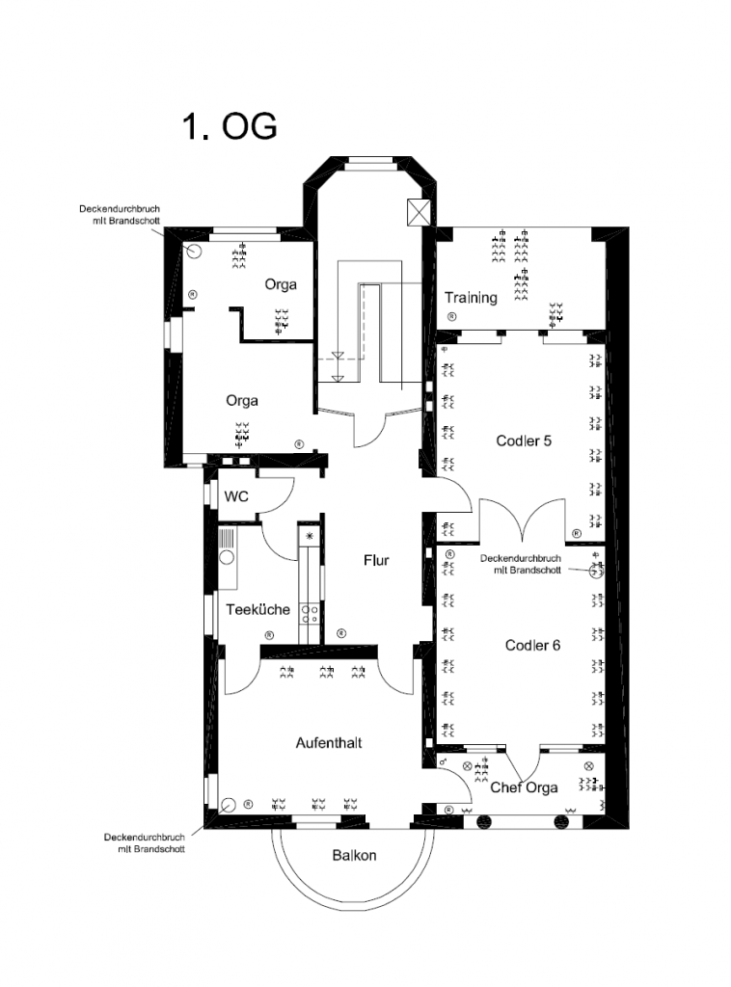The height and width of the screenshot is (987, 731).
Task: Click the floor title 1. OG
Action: (x=230, y=126)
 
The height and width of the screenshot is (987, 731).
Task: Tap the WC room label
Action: (x=236, y=496)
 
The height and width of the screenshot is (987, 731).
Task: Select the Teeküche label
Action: (x=257, y=609)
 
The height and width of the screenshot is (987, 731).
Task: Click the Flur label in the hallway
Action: (x=376, y=560)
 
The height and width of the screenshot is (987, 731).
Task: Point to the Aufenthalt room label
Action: (x=329, y=743)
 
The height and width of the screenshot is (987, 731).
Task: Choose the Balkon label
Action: (x=354, y=856)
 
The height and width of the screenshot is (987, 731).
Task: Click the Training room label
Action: (x=471, y=298)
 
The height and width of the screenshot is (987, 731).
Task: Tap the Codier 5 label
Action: (x=524, y=440)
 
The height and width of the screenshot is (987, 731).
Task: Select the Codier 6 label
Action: (x=532, y=645)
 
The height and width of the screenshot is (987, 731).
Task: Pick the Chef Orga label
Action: (x=524, y=787)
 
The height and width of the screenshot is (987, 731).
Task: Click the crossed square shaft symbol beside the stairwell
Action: (x=419, y=212)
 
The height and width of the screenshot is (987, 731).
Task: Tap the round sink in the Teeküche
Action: (x=227, y=557)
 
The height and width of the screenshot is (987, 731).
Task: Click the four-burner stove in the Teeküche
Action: (x=310, y=614)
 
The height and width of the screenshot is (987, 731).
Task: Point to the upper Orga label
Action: (x=281, y=284)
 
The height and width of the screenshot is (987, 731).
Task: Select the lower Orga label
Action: (x=242, y=401)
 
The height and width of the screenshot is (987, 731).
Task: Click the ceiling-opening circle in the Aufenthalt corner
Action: (x=228, y=805)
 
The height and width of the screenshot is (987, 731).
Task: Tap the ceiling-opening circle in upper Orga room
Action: (x=193, y=252)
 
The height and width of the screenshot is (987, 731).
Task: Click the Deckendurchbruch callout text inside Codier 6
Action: (x=520, y=564)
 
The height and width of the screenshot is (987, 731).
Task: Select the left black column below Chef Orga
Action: (x=484, y=821)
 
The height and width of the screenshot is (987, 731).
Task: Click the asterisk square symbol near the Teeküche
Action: (x=310, y=536)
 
